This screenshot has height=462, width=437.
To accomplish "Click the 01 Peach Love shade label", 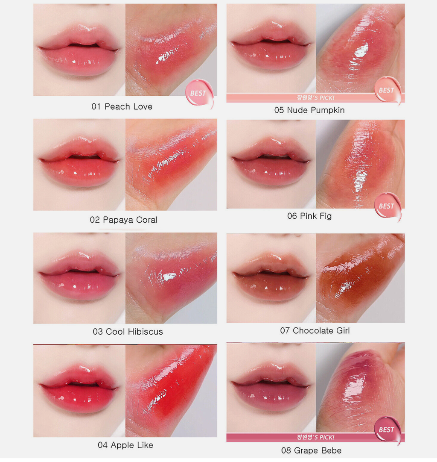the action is click(x=122, y=106).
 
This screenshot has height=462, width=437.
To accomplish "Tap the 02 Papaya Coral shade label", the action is click(x=124, y=220).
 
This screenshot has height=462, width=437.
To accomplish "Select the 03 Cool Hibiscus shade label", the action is click(x=128, y=332).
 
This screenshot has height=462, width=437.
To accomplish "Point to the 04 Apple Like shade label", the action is click(x=125, y=445).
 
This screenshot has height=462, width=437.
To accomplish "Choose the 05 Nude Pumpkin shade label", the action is click(x=309, y=110).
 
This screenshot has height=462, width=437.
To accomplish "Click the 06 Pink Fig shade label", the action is click(x=309, y=216).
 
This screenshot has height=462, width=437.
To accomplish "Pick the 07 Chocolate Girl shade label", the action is click(x=315, y=331).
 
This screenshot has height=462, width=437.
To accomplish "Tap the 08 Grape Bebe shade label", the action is click(x=312, y=450).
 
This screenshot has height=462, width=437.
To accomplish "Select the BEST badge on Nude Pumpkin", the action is click(x=387, y=90).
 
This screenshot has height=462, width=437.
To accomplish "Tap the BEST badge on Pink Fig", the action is click(x=387, y=206).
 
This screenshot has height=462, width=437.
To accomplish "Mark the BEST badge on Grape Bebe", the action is click(x=387, y=430).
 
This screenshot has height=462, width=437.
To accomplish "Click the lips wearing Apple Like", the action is click(x=79, y=388).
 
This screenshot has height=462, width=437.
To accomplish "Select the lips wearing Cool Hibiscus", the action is click(x=79, y=276).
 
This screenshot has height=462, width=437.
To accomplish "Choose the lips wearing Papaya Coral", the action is click(x=79, y=162).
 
